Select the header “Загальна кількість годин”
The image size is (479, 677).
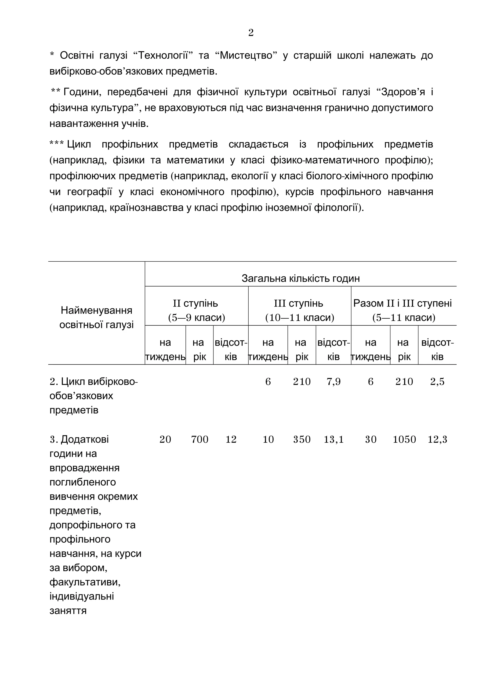coord(301,278)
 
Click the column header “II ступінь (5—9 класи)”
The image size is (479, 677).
coord(196,310)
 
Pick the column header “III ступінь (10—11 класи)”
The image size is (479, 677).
coord(300,310)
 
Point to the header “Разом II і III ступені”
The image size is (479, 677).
coord(403,304)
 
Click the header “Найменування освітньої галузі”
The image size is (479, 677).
coord(97,317)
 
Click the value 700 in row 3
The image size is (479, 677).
coord(200,439)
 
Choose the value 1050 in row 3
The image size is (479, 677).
coord(404,439)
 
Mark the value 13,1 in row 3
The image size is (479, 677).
coord(334,439)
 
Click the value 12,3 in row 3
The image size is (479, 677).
coord(437,439)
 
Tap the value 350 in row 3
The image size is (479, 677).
coord(302,439)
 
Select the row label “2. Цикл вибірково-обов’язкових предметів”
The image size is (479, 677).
coord(93,396)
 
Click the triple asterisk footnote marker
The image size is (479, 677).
coord(56,144)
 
